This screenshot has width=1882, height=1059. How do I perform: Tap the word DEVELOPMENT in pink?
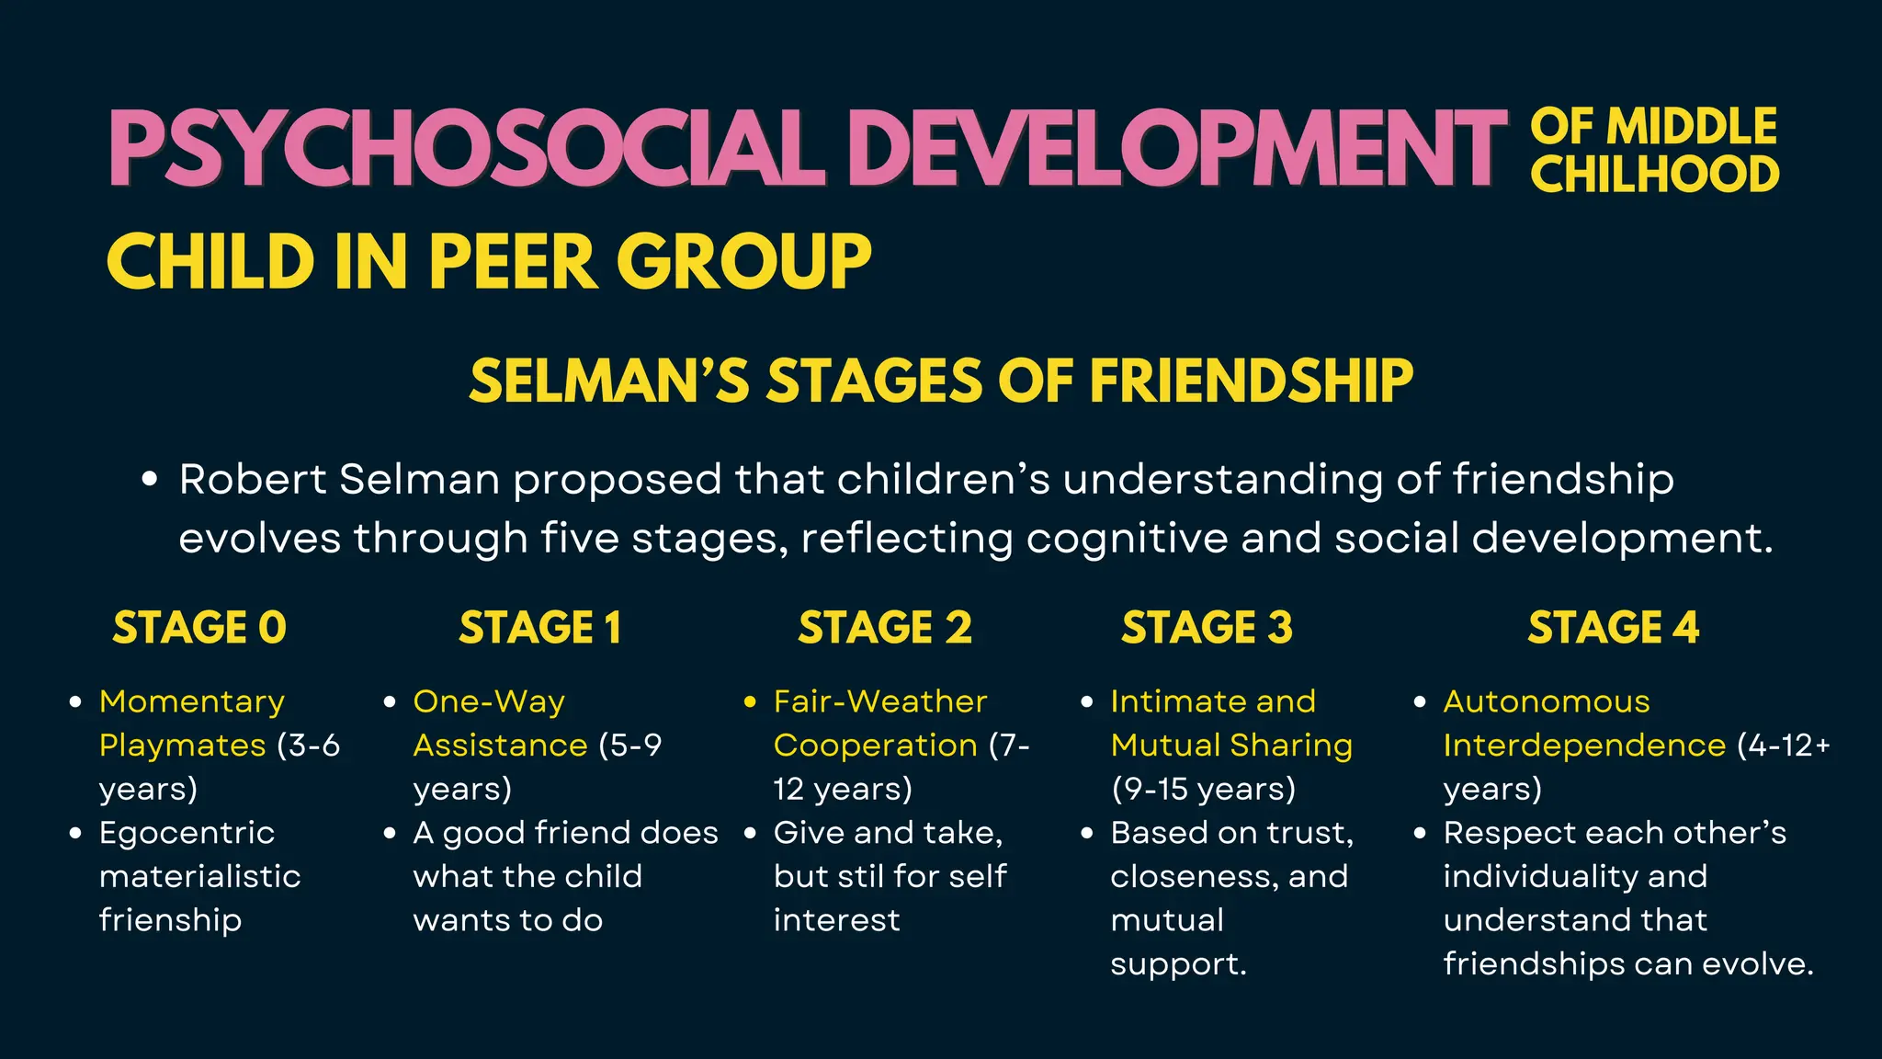[1177, 149]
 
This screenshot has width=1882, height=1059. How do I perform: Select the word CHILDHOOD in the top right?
[1655, 175]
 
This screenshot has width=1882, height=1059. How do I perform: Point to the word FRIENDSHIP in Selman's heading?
[1251, 381]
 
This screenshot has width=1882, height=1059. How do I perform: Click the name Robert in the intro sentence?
[253, 479]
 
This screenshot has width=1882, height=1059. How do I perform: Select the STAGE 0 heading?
[199, 628]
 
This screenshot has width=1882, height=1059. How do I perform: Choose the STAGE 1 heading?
[540, 628]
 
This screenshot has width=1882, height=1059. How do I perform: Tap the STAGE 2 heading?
[885, 628]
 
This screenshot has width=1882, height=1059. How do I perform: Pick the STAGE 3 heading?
[1207, 628]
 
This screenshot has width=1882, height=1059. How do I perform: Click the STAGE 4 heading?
[1614, 628]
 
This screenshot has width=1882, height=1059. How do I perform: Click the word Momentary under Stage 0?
[192, 701]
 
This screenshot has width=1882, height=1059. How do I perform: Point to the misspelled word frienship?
[170, 920]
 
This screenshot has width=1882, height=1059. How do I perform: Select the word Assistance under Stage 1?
[500, 745]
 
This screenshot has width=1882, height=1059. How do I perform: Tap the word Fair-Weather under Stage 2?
[880, 701]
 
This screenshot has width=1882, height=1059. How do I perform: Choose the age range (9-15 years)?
[1203, 789]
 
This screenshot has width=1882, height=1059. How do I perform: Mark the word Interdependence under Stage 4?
[1584, 745]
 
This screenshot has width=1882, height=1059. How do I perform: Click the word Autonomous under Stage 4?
[1547, 701]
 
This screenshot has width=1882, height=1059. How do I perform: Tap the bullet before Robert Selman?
[150, 479]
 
